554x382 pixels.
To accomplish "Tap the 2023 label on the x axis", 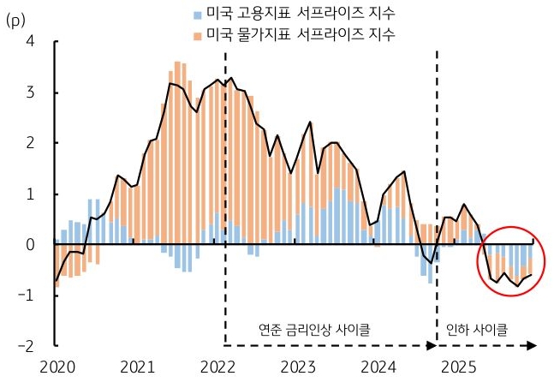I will (299, 368).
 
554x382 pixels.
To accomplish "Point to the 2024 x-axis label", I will (379, 368).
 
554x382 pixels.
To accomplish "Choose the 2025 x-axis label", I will (461, 368).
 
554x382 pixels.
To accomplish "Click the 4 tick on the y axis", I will (31, 41).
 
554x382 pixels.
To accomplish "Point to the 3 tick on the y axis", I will (31, 92).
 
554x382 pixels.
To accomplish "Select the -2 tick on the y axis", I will (28, 346).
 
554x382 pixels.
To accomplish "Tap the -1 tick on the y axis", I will (28, 295).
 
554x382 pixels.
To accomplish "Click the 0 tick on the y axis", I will (31, 245).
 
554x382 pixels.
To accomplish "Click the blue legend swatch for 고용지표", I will (198, 15).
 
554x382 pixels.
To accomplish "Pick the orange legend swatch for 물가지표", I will (198, 35).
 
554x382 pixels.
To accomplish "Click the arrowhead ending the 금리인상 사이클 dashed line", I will (432, 346).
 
